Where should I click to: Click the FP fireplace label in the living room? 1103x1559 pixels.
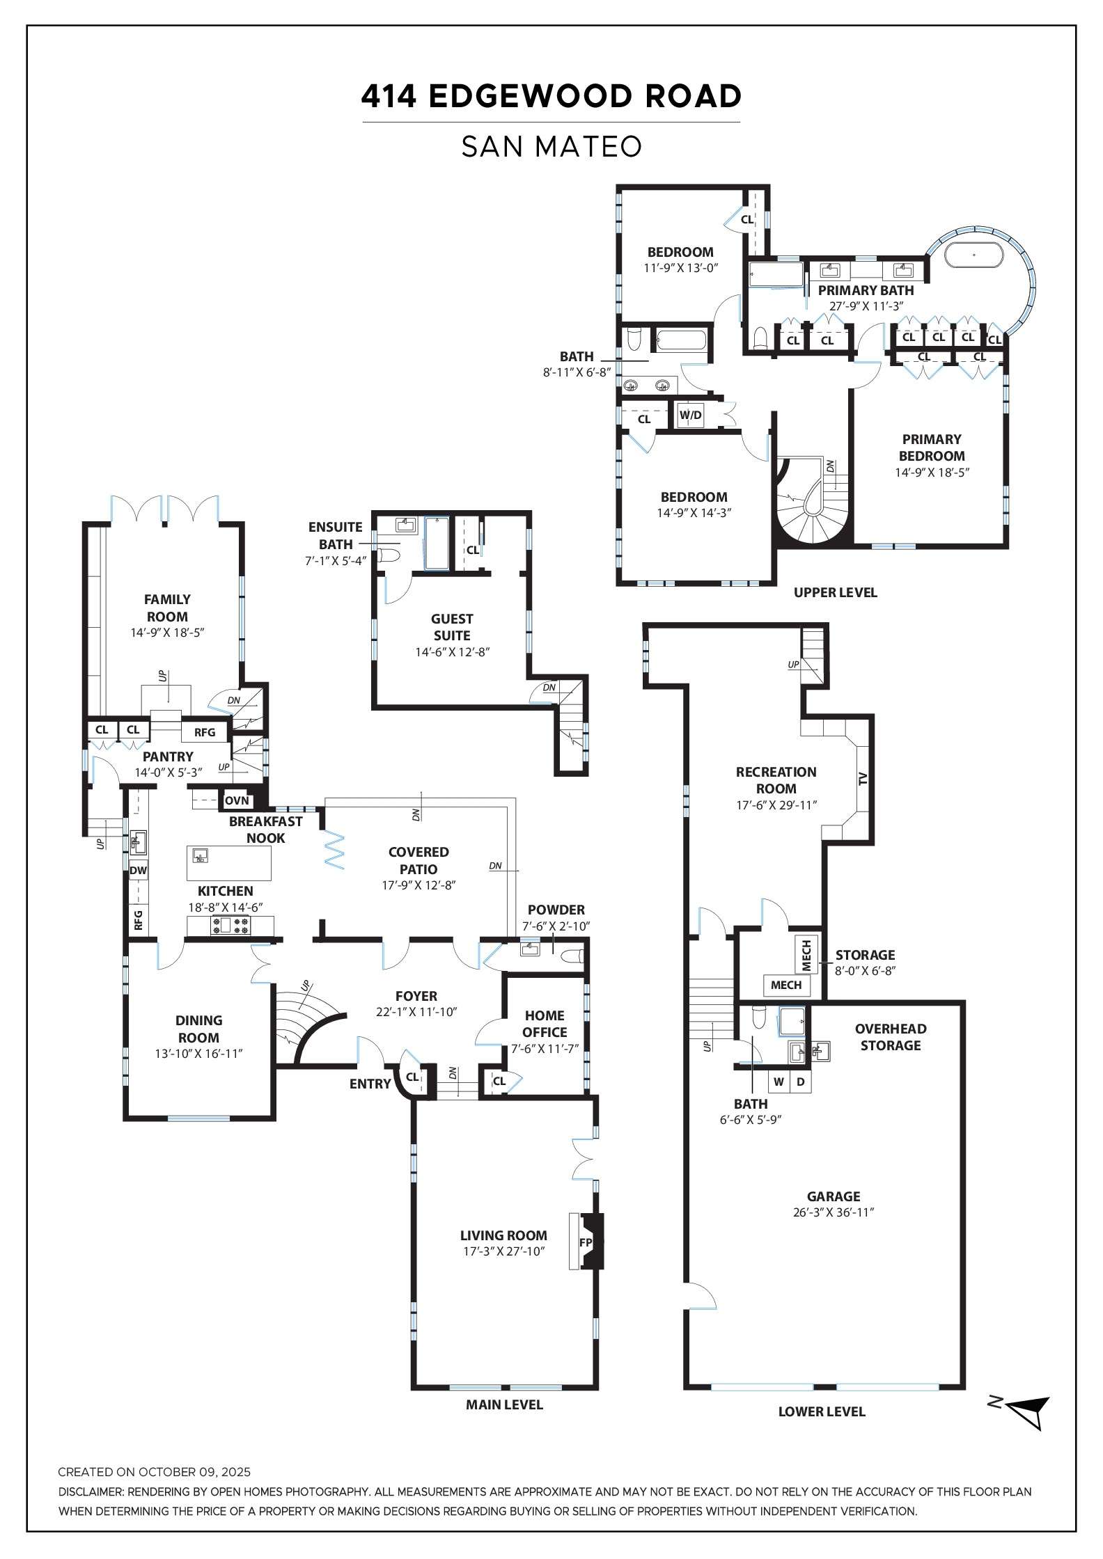(586, 1242)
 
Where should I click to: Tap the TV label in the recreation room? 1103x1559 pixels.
(863, 779)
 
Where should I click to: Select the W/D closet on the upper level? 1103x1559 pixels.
(691, 416)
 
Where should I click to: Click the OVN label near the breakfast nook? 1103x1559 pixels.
(237, 800)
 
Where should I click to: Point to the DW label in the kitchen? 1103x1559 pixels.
(138, 870)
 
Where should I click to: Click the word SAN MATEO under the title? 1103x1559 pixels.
(551, 147)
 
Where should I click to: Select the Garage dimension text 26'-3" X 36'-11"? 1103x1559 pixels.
(834, 1212)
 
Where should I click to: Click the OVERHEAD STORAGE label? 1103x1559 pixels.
(890, 1036)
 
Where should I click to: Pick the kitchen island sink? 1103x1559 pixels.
(201, 856)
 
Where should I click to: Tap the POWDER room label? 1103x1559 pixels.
(556, 910)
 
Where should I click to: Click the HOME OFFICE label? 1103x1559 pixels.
(545, 1023)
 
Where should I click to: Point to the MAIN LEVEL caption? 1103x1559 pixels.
(504, 1404)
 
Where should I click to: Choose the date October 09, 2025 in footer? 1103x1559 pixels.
(194, 1472)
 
